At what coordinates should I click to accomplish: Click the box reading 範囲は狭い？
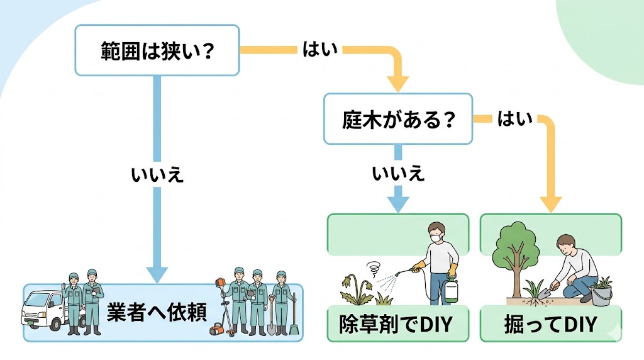[x=157, y=50]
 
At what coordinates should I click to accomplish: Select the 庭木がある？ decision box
[x=397, y=119]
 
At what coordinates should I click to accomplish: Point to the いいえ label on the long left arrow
[x=157, y=174]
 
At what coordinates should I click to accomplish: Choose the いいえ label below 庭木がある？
[x=397, y=174]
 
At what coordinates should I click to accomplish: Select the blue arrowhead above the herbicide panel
[x=397, y=204]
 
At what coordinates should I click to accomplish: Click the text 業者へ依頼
[x=157, y=313]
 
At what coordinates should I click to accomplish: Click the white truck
[x=43, y=309]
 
